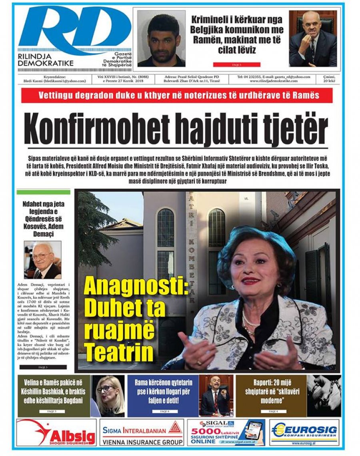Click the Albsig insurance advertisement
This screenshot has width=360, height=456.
pyautogui.click(x=56, y=432)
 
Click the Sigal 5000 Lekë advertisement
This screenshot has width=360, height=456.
pyautogui.click(x=226, y=432)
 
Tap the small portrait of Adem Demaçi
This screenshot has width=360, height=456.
pyautogui.click(x=42, y=260)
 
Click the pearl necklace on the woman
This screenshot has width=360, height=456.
pyautogui.click(x=248, y=322)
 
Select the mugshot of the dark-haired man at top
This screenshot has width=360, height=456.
pyautogui.click(x=161, y=39)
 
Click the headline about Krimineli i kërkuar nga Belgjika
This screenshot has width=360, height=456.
pyautogui.click(x=237, y=34)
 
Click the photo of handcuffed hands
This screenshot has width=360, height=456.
pyautogui.click(x=324, y=396)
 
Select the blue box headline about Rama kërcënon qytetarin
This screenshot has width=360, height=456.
pyautogui.click(x=163, y=390)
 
